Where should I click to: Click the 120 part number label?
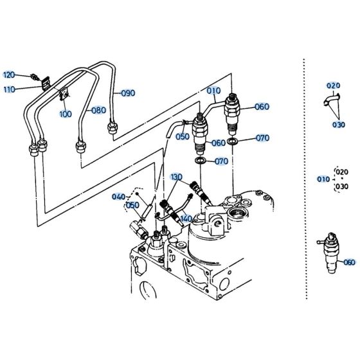coord(9,75)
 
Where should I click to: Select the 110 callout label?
coord(9,89)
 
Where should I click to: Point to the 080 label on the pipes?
coord(98,110)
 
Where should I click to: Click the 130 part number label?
coord(176,177)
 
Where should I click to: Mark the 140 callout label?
coord(185,219)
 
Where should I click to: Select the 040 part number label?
coord(119,197)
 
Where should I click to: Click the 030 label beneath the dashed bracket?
coord(341,187)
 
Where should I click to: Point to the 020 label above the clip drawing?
coord(333,85)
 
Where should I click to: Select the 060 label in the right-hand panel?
coord(348,262)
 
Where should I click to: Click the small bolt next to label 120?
coord(31,76)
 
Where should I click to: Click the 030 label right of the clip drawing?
coord(339,125)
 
